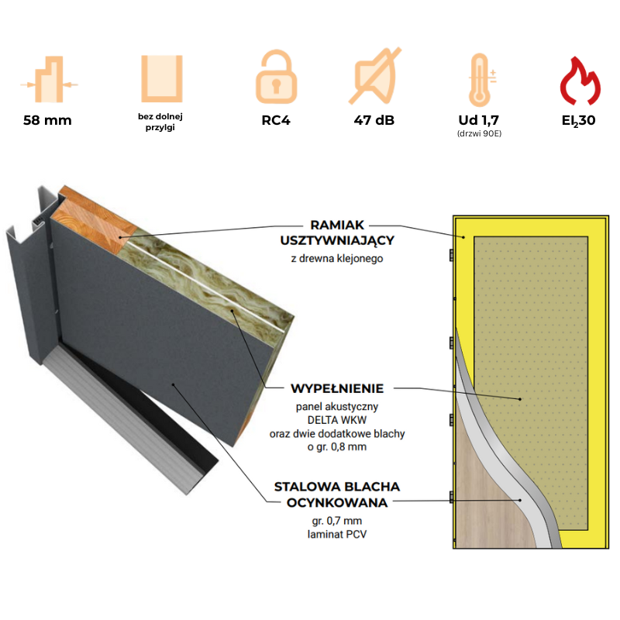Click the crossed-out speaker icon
[377, 77]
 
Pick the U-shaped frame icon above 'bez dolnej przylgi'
[160, 79]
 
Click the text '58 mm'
[48, 121]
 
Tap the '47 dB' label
[376, 121]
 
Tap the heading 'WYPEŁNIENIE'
[337, 387]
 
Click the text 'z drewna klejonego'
[337, 257]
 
